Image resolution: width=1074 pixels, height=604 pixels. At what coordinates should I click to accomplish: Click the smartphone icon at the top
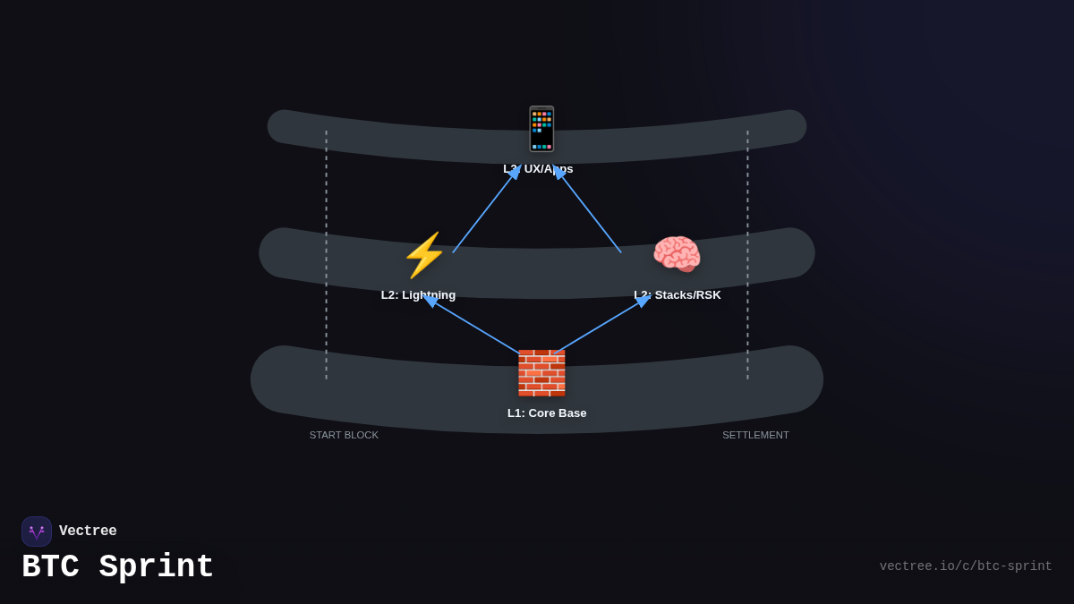pos(541,129)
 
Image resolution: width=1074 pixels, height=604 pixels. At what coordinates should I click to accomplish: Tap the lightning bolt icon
pos(423,255)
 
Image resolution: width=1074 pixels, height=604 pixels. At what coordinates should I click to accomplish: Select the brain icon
pos(677,255)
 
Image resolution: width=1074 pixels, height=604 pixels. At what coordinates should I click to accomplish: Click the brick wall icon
pos(541,373)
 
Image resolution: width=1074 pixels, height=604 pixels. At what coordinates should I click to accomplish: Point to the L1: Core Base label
pos(547,413)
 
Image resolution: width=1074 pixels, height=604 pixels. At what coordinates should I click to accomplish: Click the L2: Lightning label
pos(418,295)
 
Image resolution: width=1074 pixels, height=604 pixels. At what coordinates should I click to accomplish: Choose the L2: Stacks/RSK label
pos(678,295)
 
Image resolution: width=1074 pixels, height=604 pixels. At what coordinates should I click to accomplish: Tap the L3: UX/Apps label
pos(538,169)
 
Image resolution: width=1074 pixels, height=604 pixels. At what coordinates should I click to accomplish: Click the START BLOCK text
pos(344,435)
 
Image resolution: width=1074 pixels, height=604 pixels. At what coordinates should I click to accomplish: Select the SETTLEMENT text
pos(755,435)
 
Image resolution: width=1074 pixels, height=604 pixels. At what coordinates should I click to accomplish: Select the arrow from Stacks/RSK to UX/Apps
pos(588,211)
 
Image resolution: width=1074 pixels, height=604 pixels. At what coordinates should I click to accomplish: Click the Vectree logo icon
pos(37,532)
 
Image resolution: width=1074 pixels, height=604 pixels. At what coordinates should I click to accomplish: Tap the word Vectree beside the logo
pos(88,532)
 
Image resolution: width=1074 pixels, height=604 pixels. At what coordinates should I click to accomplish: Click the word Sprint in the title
pos(157,567)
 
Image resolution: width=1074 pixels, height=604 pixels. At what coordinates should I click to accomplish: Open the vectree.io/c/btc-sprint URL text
pos(965,566)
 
